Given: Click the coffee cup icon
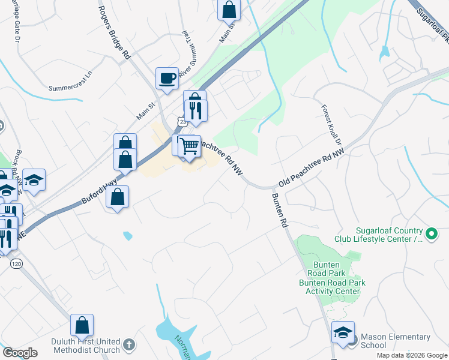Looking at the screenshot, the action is (167, 77).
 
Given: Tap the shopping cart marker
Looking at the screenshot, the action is (189, 146).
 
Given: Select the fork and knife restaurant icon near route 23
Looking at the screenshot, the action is (196, 110).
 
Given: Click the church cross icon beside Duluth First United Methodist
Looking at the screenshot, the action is (128, 345).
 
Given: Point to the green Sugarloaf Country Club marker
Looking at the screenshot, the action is (431, 233).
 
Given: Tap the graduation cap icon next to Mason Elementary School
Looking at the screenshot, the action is (342, 333).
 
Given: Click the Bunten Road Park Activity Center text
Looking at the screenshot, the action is (332, 287).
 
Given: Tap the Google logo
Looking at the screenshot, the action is (20, 353).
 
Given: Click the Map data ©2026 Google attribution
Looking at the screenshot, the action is (411, 355).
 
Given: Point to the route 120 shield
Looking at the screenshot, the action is (17, 263).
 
